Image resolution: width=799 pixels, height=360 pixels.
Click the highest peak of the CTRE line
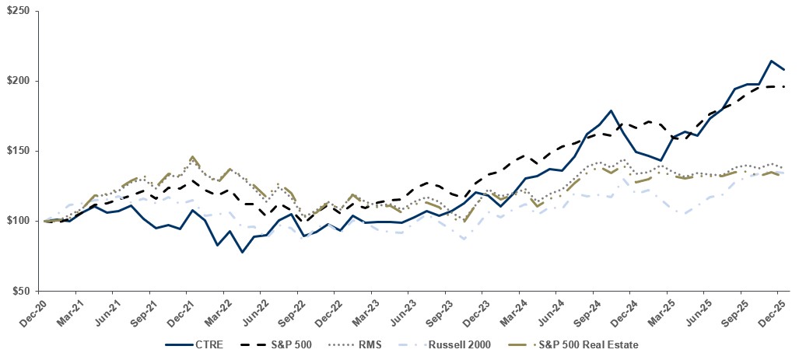click(770, 61)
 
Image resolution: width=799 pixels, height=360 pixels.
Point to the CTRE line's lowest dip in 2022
click(242, 252)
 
